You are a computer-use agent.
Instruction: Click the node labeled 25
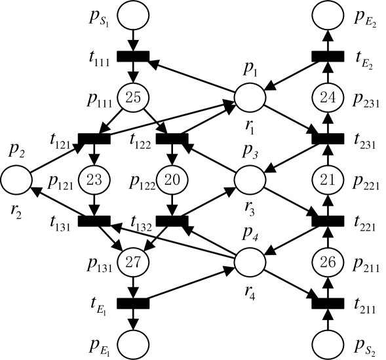pyautogui.click(x=133, y=98)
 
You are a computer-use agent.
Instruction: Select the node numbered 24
pyautogui.click(x=328, y=98)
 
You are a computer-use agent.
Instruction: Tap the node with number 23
pyautogui.click(x=94, y=180)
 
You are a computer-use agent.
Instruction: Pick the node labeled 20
pyautogui.click(x=172, y=180)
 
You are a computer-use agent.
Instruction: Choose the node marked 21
pyautogui.click(x=328, y=180)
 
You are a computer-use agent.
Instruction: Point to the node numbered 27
pyautogui.click(x=133, y=262)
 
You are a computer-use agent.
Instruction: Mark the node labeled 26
pyautogui.click(x=328, y=262)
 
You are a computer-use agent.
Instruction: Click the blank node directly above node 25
pyautogui.click(x=133, y=16)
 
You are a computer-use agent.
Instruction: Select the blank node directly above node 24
pyautogui.click(x=328, y=16)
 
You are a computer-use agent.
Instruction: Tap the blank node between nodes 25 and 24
pyautogui.click(x=250, y=98)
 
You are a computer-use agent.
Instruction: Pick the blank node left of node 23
pyautogui.click(x=16, y=180)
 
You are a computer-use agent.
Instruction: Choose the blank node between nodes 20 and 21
pyautogui.click(x=250, y=180)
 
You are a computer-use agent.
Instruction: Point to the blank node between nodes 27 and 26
pyautogui.click(x=250, y=262)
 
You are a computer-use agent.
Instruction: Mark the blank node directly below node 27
pyautogui.click(x=133, y=344)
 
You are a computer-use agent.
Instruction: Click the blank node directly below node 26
pyautogui.click(x=328, y=344)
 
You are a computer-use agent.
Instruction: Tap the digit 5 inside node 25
pyautogui.click(x=137, y=98)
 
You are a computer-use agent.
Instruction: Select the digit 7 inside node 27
pyautogui.click(x=137, y=262)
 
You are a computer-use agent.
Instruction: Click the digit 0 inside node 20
pyautogui.click(x=176, y=180)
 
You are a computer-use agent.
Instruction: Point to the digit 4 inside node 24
pyautogui.click(x=332, y=98)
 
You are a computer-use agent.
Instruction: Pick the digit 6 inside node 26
pyautogui.click(x=332, y=262)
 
